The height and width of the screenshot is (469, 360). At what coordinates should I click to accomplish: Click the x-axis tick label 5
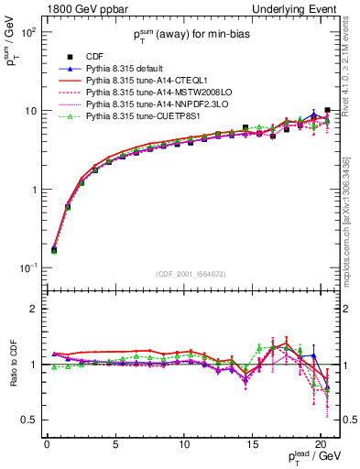click(x=115, y=447)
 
